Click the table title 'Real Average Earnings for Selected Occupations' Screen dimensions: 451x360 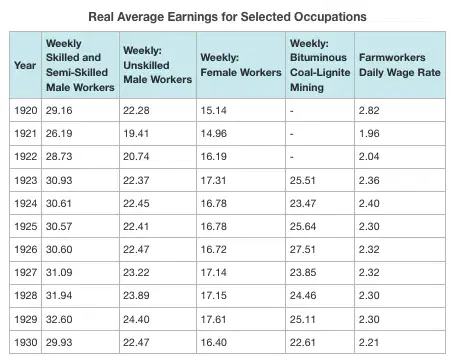227,17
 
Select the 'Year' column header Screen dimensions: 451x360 25,65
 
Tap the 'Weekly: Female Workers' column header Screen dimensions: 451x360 241,65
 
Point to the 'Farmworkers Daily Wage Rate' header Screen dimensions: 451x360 400,65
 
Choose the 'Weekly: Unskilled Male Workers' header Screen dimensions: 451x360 157,65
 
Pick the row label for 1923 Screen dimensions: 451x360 25,180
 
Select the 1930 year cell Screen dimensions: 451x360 25,342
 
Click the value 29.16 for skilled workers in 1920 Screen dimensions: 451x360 59,110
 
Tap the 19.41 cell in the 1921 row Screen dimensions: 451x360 136,133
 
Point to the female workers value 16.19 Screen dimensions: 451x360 213,156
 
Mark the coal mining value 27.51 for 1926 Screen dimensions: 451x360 302,249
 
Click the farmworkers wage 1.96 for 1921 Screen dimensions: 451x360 369,133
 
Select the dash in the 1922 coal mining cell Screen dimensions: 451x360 292,157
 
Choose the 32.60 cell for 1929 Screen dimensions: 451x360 59,319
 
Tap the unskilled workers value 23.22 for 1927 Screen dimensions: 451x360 136,272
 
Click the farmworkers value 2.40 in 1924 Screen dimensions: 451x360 369,203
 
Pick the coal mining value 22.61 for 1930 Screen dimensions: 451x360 303,342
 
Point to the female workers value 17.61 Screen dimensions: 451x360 213,319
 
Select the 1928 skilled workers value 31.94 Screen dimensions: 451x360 59,295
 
